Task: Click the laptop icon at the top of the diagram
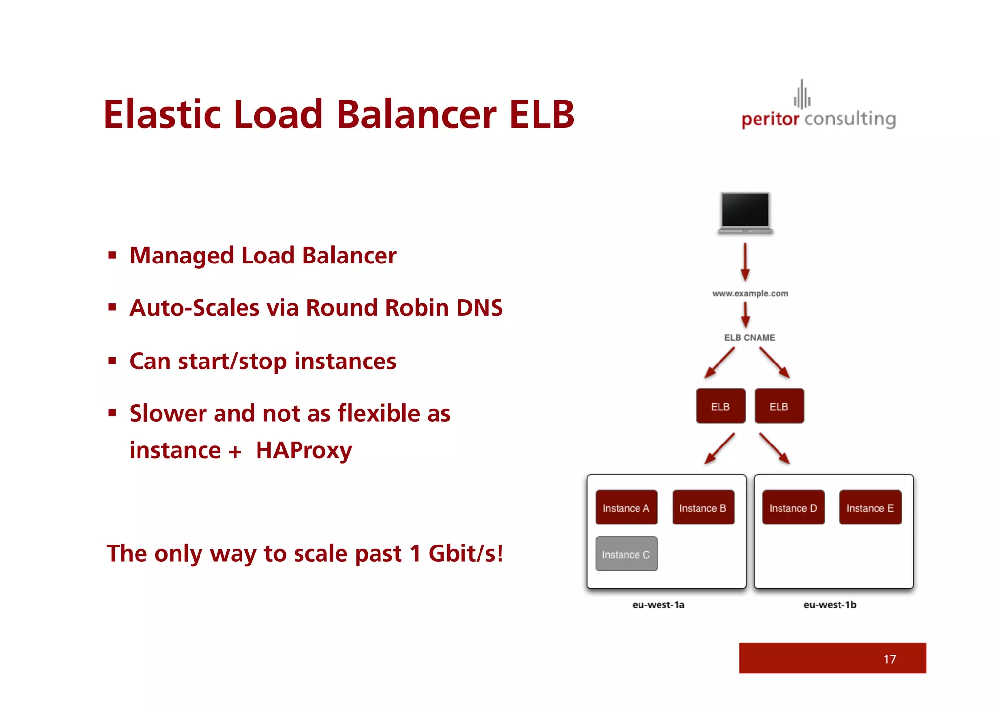tap(745, 213)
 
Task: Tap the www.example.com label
tap(750, 293)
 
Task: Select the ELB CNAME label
tap(749, 337)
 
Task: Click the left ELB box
tap(720, 406)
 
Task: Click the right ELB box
tap(779, 406)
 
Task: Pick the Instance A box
tap(626, 507)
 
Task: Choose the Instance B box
tap(703, 507)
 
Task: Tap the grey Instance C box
tap(626, 554)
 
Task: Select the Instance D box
tap(793, 507)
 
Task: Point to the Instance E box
tap(870, 507)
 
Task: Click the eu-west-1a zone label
tap(658, 605)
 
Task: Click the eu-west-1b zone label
tap(830, 605)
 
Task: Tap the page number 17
tap(889, 659)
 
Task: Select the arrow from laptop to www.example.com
tap(745, 262)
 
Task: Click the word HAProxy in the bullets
tap(303, 450)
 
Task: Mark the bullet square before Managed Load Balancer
tap(112, 255)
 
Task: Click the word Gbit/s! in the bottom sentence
tap(465, 553)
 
